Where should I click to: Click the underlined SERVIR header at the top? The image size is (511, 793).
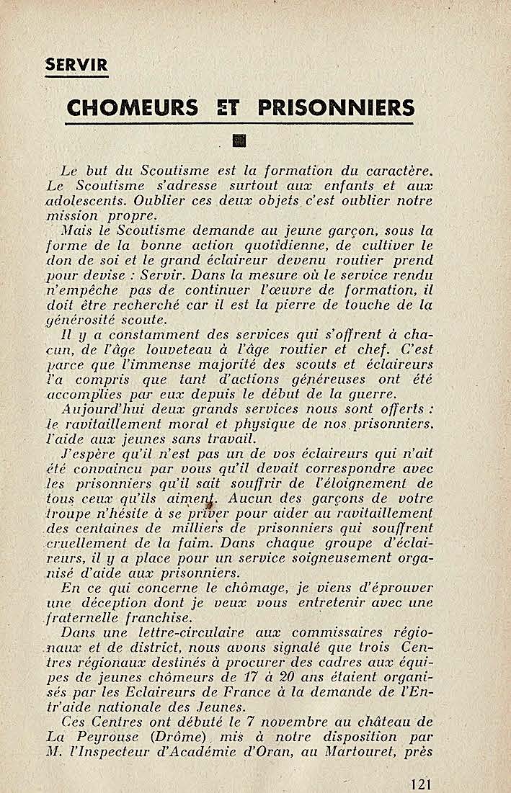point(76,65)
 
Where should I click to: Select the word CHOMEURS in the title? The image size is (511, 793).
point(132,108)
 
